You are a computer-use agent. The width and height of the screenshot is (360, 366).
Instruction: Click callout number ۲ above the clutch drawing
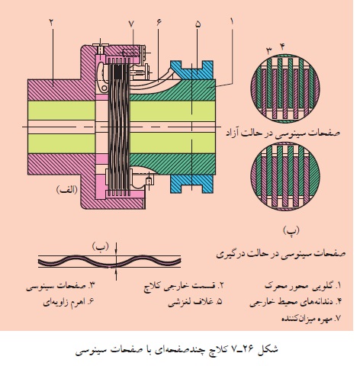point(52,22)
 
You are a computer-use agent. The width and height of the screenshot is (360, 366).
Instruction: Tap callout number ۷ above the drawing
point(131,24)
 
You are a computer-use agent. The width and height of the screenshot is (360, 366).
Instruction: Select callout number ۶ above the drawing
point(159,22)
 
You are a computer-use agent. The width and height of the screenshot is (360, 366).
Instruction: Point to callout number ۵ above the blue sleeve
point(198,24)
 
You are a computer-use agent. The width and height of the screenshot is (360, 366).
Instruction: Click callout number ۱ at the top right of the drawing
point(232,21)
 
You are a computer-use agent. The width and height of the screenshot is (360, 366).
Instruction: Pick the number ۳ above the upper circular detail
point(269,51)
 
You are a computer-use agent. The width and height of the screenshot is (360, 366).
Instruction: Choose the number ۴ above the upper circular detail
point(282,47)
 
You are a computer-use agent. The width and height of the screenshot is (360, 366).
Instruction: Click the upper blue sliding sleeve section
point(192,70)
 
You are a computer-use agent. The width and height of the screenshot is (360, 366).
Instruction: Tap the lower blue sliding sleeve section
point(192,184)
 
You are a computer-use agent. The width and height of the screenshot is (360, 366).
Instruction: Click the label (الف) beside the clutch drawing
point(67,190)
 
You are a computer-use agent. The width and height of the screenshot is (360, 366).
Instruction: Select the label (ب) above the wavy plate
point(101,246)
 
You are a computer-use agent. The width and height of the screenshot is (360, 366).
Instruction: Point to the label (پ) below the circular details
point(291,230)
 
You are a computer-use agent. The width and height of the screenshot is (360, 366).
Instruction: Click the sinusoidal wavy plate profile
point(109,262)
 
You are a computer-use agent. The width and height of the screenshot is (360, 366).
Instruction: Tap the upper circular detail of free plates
point(285,88)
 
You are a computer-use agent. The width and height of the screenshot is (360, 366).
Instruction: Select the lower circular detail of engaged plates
point(285,176)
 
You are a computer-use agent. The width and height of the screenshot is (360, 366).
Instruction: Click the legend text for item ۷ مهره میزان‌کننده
point(311,318)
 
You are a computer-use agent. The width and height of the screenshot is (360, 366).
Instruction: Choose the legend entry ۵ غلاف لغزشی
point(195,302)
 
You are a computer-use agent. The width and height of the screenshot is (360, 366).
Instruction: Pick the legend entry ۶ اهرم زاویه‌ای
point(69,302)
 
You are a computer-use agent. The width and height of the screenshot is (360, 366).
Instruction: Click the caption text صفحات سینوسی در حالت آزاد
point(283,133)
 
